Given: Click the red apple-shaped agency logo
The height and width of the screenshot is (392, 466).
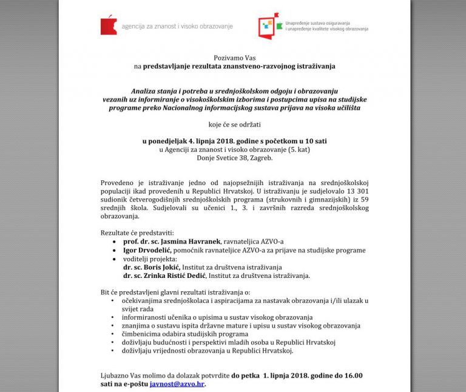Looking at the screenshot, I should click(x=109, y=25).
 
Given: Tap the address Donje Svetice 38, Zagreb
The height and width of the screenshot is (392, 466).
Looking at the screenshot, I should click(x=234, y=158).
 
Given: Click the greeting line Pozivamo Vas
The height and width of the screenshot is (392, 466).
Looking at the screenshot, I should click(x=234, y=56).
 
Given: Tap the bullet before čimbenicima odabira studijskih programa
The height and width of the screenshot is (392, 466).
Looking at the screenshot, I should click(x=113, y=334).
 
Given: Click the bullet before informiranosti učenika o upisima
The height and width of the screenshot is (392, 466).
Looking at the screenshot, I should click(x=113, y=317).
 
